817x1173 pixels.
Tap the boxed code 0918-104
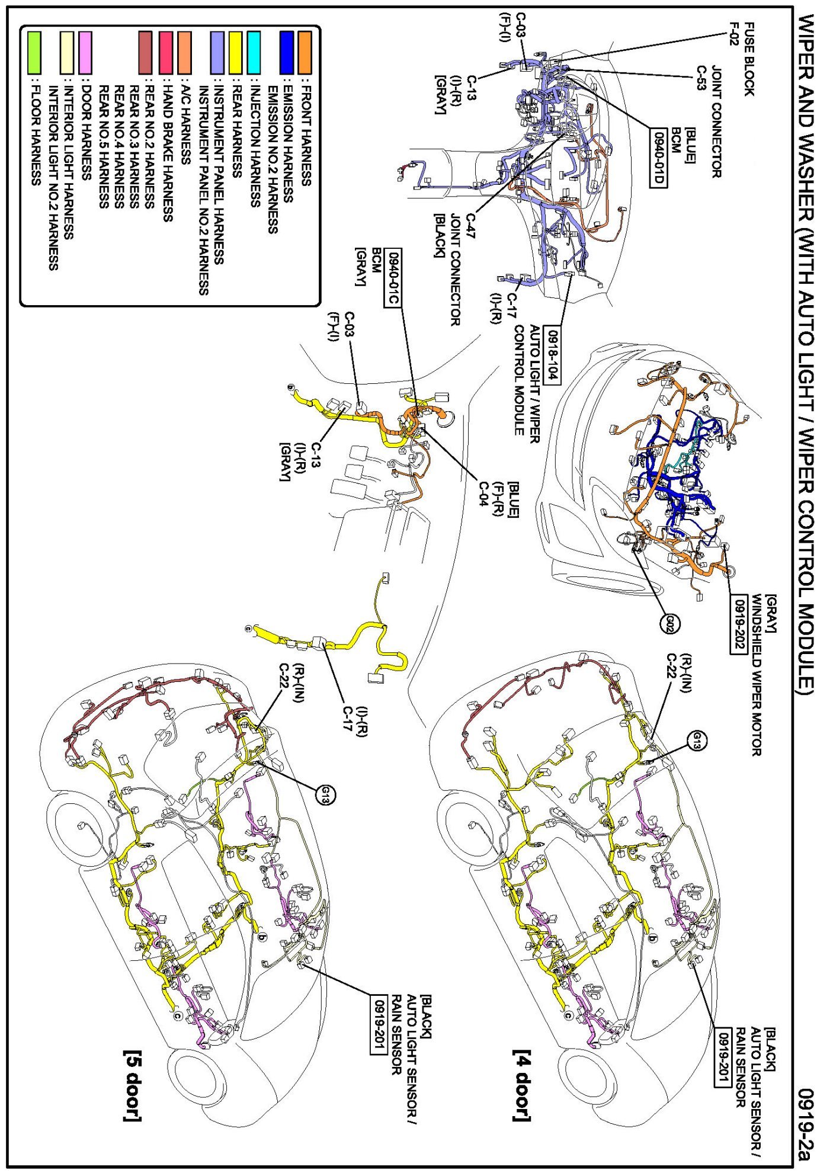click(552, 354)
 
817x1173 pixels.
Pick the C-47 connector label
click(471, 226)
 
